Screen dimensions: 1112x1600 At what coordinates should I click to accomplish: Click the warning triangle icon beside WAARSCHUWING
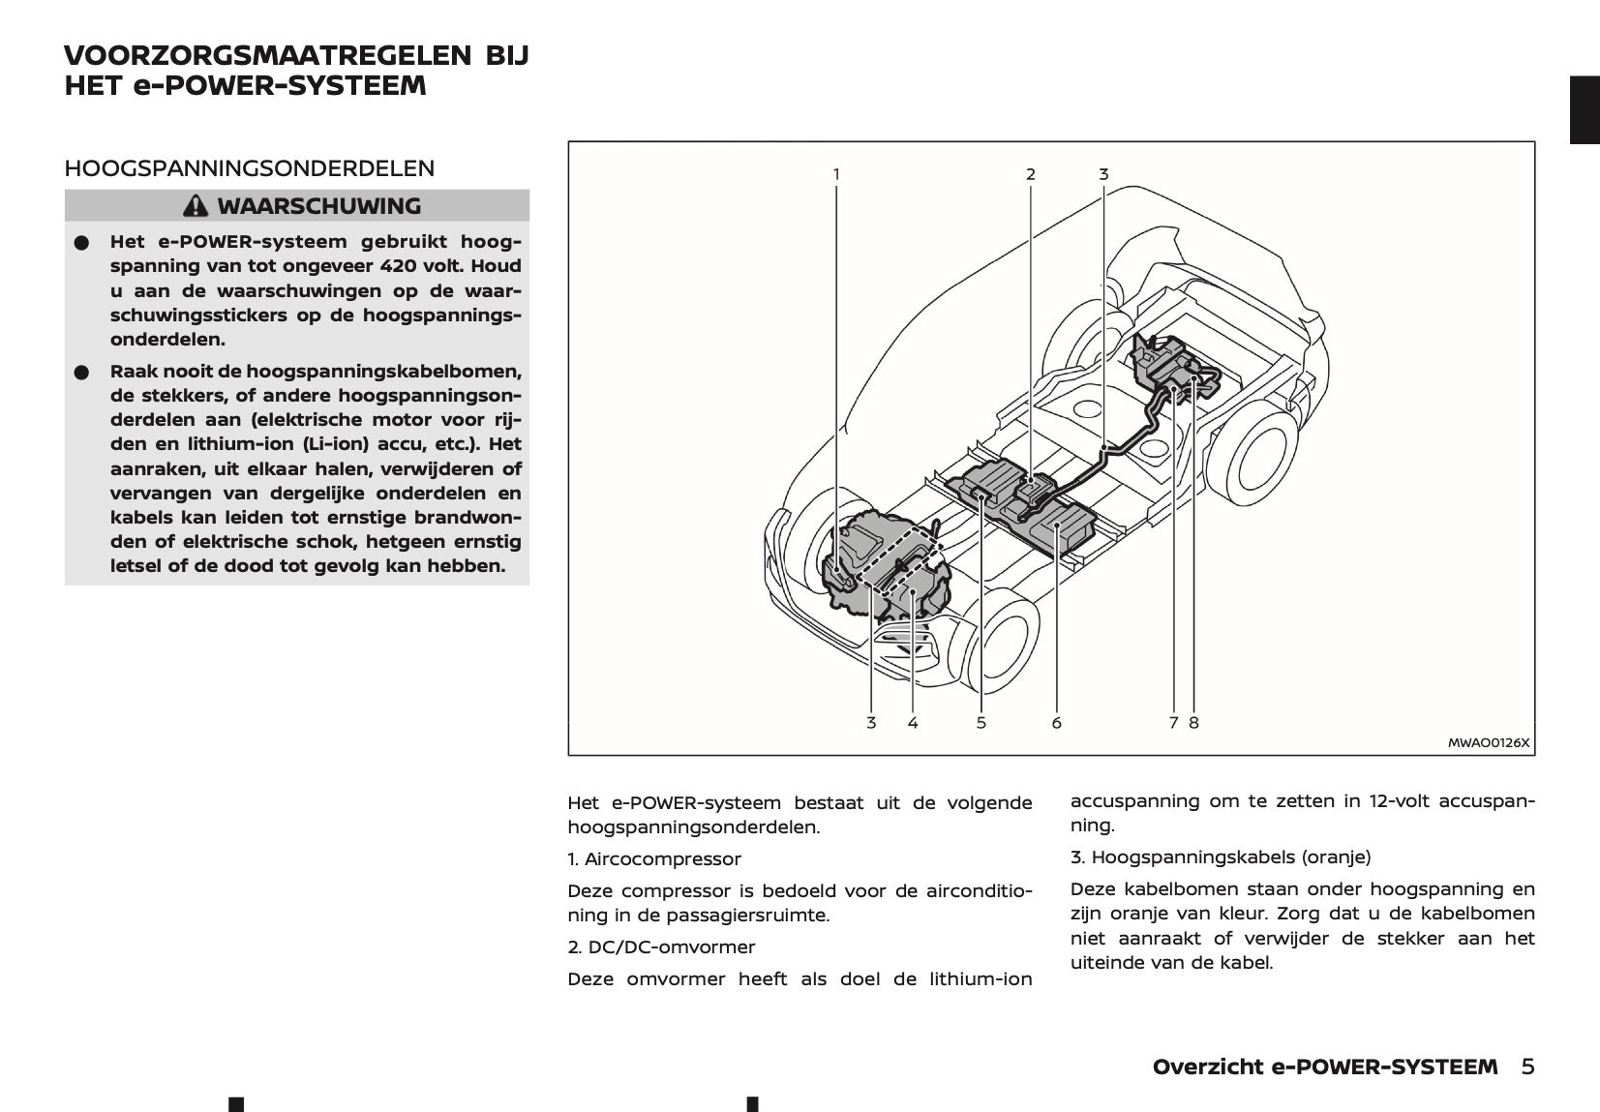pyautogui.click(x=196, y=206)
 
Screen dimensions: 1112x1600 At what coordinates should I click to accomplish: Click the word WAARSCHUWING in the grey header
pyautogui.click(x=318, y=206)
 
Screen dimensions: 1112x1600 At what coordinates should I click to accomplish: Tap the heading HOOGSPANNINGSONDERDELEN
pyautogui.click(x=249, y=168)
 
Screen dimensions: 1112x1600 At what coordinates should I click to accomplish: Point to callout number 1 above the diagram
pyautogui.click(x=836, y=175)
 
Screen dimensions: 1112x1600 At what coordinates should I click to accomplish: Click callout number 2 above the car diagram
pyautogui.click(x=1031, y=175)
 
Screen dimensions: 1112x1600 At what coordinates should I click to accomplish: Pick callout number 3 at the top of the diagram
pyautogui.click(x=1103, y=175)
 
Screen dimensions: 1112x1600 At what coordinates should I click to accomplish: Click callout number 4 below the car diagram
pyautogui.click(x=913, y=723)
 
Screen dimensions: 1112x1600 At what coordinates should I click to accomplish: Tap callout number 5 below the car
pyautogui.click(x=981, y=723)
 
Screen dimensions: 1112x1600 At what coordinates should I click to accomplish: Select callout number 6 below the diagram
pyautogui.click(x=1056, y=723)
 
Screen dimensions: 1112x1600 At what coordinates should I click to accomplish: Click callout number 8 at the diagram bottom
pyautogui.click(x=1193, y=723)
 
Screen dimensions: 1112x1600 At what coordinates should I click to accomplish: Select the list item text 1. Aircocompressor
pyautogui.click(x=654, y=859)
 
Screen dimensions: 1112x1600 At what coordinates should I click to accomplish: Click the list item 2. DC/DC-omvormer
pyautogui.click(x=661, y=947)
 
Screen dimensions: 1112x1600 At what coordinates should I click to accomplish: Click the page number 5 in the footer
pyautogui.click(x=1527, y=1067)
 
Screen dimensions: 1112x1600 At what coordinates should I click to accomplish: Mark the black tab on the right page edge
pyautogui.click(x=1584, y=109)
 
